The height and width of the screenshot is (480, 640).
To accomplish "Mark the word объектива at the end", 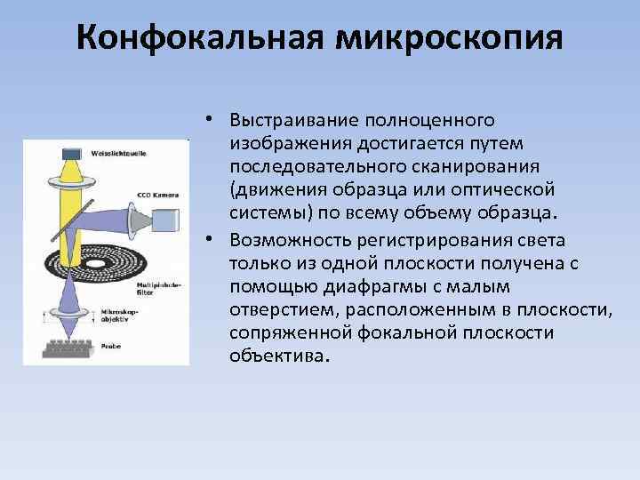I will tap(278, 356).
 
